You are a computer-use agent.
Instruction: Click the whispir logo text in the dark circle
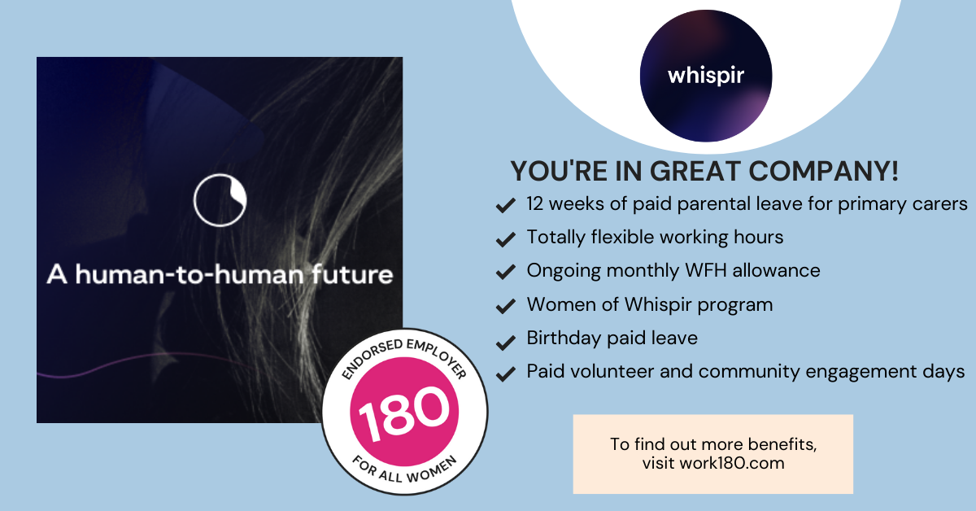click(706, 75)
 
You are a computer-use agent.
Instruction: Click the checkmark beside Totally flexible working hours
click(505, 238)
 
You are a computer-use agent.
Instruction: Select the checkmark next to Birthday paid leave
click(505, 339)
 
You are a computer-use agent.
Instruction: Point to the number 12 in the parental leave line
click(536, 203)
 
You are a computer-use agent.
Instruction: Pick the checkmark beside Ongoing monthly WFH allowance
click(505, 272)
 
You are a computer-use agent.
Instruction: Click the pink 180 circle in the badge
click(404, 410)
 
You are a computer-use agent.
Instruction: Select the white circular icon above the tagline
click(220, 200)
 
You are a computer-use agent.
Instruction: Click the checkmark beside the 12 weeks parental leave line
click(505, 204)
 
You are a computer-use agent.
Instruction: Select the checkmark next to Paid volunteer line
click(505, 373)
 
